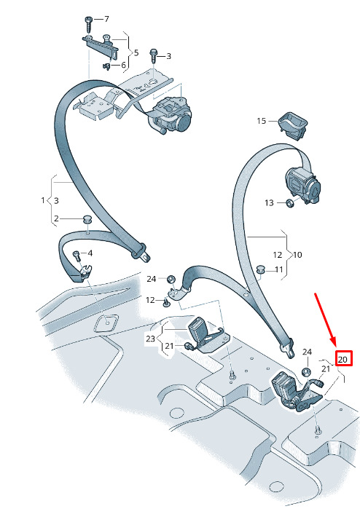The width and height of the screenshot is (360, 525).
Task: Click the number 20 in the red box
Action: pos(343,360)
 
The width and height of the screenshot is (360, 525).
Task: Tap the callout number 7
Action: pos(106,19)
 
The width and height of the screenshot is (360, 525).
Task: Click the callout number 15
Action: pos(262,121)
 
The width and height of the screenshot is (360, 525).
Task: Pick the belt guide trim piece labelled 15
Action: pos(293,125)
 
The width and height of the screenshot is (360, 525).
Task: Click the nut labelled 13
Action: pos(289,202)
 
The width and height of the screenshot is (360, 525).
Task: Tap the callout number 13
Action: pos(269,202)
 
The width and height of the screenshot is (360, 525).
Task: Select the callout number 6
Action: pos(123,65)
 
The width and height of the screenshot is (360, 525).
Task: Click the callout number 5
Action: pos(136,53)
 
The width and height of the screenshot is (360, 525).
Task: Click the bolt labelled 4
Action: pos(77,256)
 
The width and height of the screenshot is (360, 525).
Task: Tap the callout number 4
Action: pos(90,253)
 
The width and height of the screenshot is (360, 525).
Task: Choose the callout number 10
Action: pos(297,255)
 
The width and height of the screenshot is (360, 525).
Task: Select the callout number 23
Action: pos(150,339)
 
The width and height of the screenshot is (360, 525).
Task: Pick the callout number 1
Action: pos(43,200)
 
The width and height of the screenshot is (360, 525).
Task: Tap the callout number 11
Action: pos(279,269)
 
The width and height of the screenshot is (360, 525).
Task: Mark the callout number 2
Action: pos(56,218)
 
